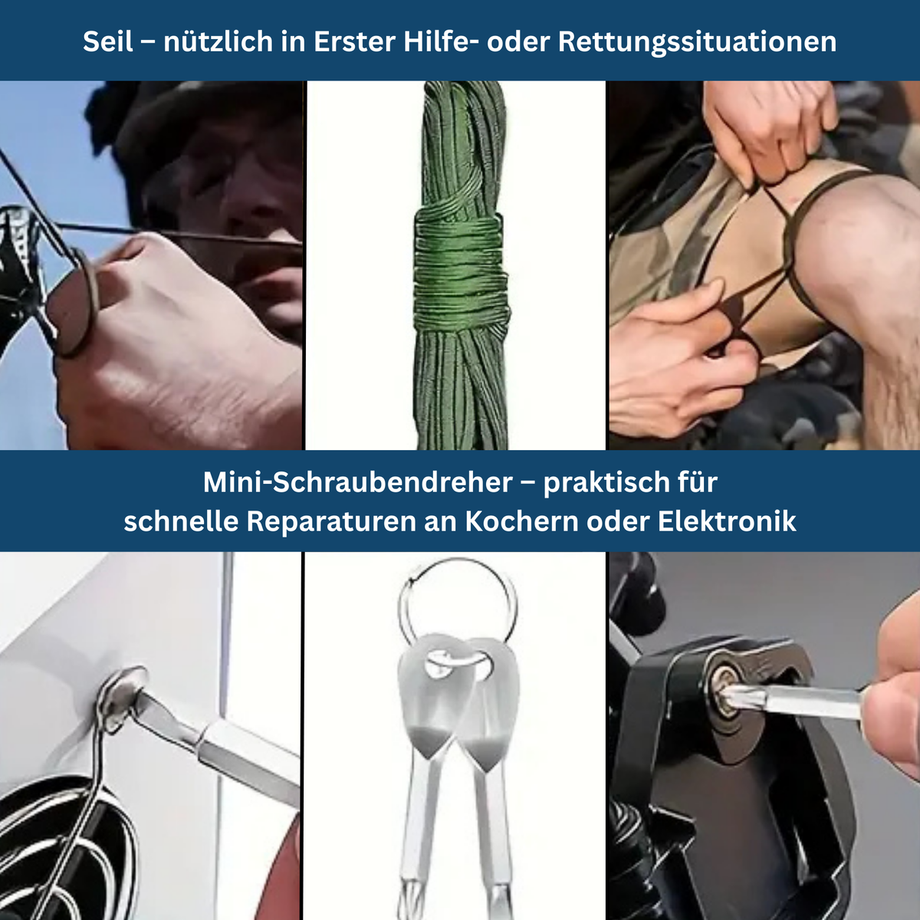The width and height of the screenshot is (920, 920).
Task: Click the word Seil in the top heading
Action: (x=108, y=41)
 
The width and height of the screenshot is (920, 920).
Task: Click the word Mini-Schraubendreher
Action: (x=358, y=482)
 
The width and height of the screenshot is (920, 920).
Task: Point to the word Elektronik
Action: (x=727, y=521)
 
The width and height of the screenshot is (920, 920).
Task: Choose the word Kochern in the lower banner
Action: (x=522, y=521)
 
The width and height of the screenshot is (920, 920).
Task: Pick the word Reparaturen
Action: (x=331, y=522)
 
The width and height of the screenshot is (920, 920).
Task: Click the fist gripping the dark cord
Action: (x=172, y=334)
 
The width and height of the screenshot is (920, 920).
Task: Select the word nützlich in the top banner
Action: (x=218, y=41)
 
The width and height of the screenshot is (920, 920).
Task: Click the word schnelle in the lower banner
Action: (x=181, y=521)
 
